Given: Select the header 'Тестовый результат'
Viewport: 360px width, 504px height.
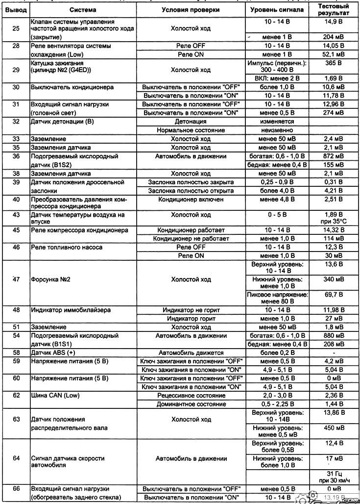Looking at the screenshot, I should tap(333, 9).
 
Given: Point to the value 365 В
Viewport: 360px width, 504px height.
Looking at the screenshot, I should tap(333, 64).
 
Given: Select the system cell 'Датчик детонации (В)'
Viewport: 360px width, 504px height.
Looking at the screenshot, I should tap(62, 121).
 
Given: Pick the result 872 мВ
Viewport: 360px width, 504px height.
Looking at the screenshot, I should tap(333, 156).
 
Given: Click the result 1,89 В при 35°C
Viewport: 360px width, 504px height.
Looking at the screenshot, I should tap(333, 217).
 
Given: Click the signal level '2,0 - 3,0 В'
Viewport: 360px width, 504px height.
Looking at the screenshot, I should tap(278, 396).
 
